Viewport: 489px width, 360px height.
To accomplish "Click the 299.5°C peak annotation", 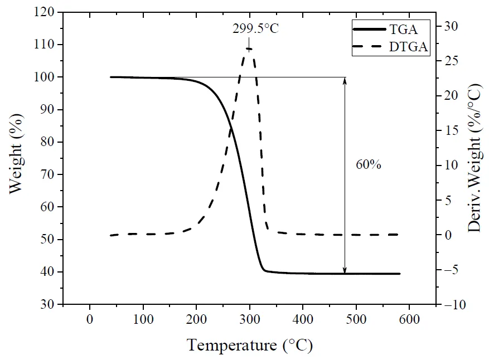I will click(x=255, y=28).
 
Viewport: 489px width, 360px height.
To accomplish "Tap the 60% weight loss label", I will click(x=368, y=165).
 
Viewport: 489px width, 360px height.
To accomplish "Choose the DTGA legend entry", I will click(x=409, y=47).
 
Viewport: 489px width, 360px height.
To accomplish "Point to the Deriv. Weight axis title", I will click(x=474, y=158).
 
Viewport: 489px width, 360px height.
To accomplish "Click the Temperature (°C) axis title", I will click(x=249, y=345).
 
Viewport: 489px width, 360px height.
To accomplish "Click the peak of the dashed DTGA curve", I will click(x=249, y=49).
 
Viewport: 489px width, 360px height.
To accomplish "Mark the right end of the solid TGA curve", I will click(x=400, y=274).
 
